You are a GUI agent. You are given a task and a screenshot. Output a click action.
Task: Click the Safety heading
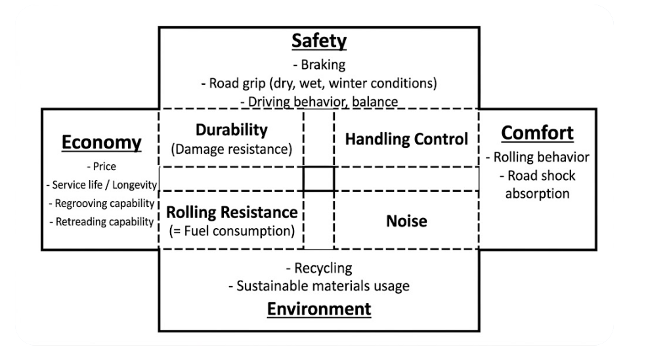pyautogui.click(x=319, y=42)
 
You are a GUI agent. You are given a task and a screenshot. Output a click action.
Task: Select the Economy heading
pyautogui.click(x=101, y=142)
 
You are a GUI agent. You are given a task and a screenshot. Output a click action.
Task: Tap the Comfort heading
pyautogui.click(x=537, y=133)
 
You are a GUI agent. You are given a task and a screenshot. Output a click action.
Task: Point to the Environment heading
pyautogui.click(x=319, y=308)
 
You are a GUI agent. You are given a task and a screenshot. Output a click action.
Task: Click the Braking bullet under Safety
pyautogui.click(x=319, y=65)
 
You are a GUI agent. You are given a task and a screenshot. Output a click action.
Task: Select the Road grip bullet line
pyautogui.click(x=319, y=83)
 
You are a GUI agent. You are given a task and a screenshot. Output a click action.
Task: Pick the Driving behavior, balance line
pyautogui.click(x=319, y=102)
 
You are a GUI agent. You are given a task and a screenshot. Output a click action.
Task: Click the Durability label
pyautogui.click(x=231, y=130)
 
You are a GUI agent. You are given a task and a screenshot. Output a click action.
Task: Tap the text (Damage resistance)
pyautogui.click(x=231, y=149)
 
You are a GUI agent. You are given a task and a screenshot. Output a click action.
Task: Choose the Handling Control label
pyautogui.click(x=406, y=139)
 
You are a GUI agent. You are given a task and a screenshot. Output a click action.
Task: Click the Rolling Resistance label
pyautogui.click(x=231, y=212)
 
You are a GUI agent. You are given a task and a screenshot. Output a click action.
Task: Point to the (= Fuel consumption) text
pyautogui.click(x=231, y=231)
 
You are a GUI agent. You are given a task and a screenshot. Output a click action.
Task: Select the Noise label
pyautogui.click(x=406, y=221)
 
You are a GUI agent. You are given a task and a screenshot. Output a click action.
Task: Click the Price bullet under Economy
pyautogui.click(x=101, y=167)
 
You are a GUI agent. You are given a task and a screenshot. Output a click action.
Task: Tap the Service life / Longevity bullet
pyautogui.click(x=101, y=185)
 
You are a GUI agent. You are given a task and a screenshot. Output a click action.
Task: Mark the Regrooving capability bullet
pyautogui.click(x=101, y=203)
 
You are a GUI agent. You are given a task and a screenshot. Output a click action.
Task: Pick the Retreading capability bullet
pyautogui.click(x=101, y=221)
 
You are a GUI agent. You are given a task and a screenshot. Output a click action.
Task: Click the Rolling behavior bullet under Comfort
pyautogui.click(x=537, y=158)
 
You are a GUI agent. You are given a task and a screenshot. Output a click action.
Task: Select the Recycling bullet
pyautogui.click(x=319, y=269)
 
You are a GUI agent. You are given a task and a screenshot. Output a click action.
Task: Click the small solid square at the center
pyautogui.click(x=318, y=179)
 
